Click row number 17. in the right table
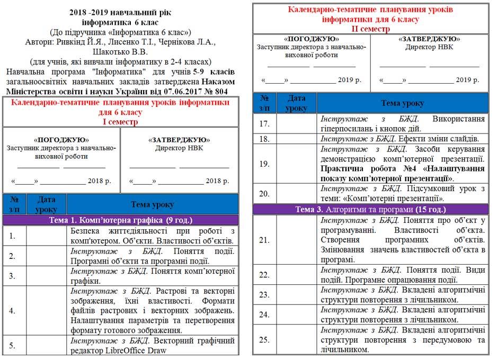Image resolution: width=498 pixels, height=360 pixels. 264,124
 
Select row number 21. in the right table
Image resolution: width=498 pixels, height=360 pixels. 264,240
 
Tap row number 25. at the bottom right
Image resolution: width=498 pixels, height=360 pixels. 264,340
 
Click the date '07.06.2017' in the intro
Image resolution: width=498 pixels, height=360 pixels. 168,92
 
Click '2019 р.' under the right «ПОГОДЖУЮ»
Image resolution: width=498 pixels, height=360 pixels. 349,80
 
